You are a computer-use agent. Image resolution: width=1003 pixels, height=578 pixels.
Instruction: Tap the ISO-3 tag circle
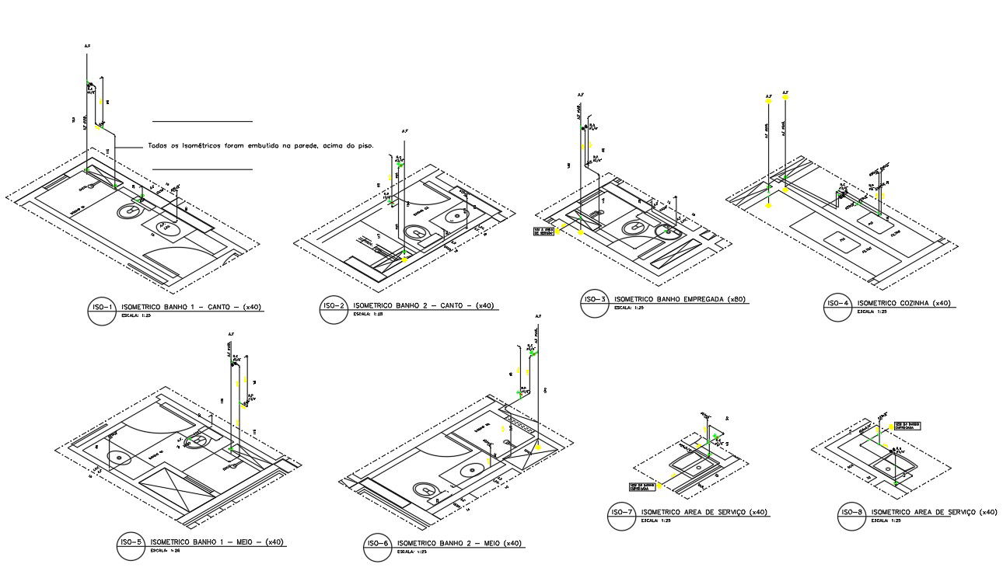point(595,303)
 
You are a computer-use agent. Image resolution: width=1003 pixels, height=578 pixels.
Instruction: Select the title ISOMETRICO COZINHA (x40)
point(903,303)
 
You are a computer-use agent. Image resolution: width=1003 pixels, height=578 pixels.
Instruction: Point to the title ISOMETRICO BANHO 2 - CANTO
point(424,305)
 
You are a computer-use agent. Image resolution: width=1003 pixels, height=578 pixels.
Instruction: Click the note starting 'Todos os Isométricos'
point(260,145)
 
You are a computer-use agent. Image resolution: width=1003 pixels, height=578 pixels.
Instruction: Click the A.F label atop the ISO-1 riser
point(87,47)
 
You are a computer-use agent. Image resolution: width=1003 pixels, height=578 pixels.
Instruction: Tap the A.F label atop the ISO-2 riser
point(404,131)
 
